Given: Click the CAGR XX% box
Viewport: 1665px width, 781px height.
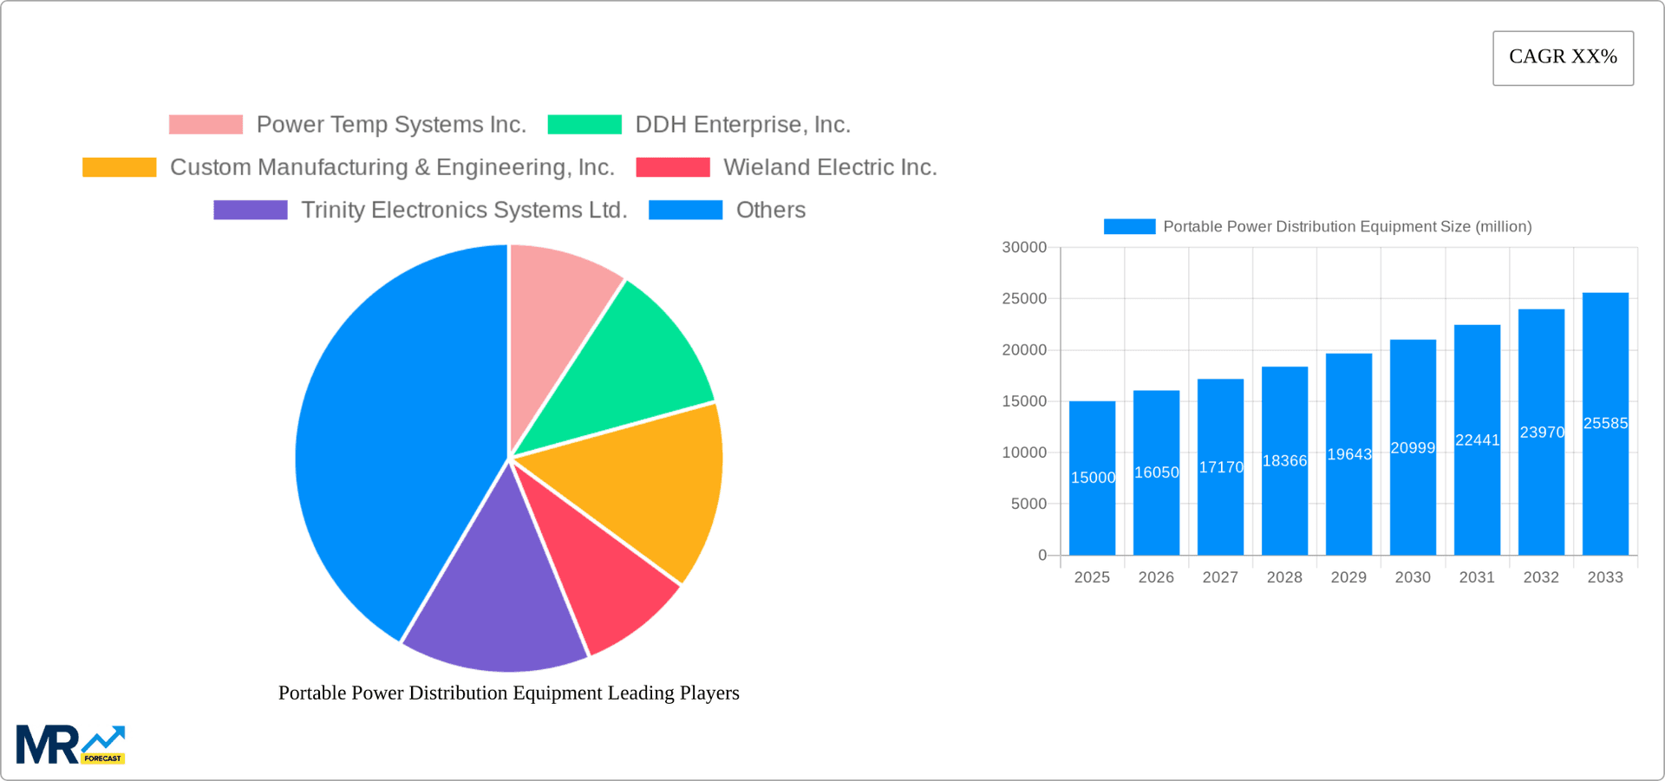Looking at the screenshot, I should pos(1563,58).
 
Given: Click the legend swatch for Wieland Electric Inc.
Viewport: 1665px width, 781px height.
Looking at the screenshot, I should pos(673,167).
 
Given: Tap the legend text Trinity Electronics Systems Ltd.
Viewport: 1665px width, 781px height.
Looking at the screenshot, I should pos(464,210).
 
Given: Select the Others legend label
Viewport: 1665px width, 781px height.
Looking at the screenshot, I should pos(771,210).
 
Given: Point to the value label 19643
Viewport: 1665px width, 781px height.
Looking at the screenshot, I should pos(1349,454).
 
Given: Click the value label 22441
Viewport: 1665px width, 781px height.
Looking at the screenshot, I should pos(1478,440).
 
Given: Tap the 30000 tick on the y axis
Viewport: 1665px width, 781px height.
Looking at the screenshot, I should pos(1024,247).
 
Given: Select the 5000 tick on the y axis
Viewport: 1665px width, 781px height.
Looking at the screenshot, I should pos(1028,504).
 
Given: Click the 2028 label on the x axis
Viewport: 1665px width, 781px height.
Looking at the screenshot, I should pos(1284,577).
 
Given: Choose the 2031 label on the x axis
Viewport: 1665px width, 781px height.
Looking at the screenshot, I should pos(1477,577).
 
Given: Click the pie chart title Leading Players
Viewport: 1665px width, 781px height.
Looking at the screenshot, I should pos(508,693).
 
